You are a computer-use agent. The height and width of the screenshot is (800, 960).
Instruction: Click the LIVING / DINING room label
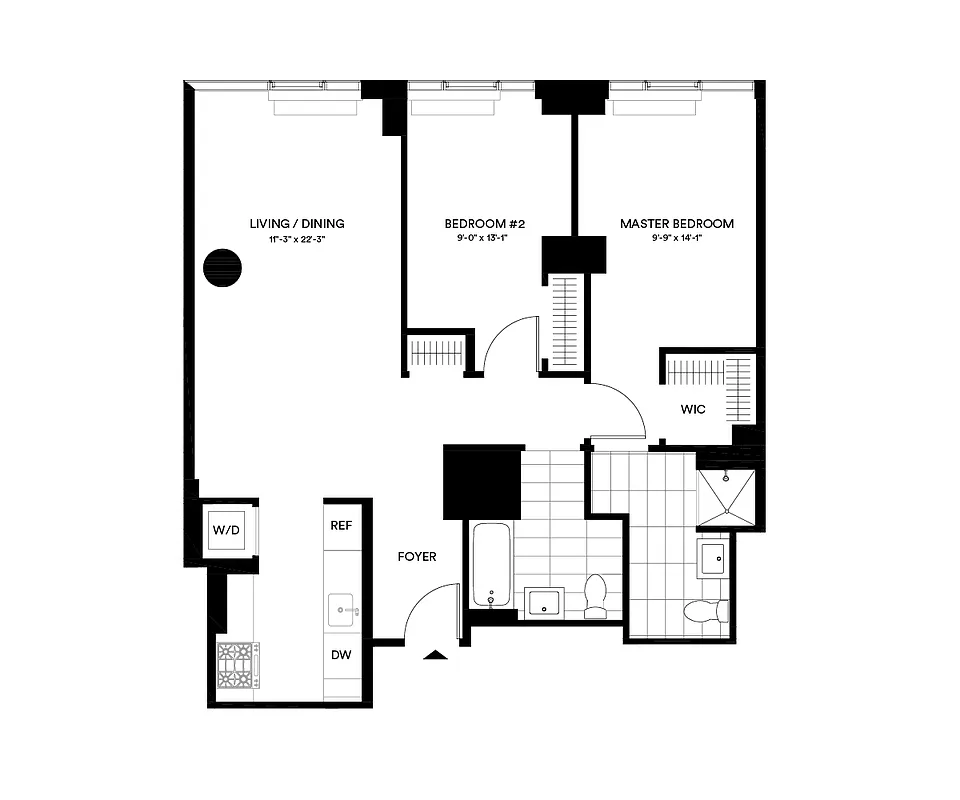click(x=297, y=224)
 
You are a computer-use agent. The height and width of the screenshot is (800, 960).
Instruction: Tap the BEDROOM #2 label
click(x=477, y=224)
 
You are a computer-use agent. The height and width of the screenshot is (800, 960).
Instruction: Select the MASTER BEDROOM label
click(x=677, y=224)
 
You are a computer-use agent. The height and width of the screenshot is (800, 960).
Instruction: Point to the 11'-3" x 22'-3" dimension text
click(x=297, y=240)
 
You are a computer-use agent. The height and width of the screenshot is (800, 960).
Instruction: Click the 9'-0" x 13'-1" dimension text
click(x=477, y=240)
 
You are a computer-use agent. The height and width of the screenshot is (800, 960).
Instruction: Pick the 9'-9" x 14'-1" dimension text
click(x=677, y=240)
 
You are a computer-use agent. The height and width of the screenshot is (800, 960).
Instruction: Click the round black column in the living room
click(x=222, y=268)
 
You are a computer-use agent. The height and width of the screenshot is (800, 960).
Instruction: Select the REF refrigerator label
click(x=341, y=525)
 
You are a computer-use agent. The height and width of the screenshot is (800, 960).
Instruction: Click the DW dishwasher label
click(x=341, y=655)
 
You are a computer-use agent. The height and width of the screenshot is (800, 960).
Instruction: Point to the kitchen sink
click(x=343, y=608)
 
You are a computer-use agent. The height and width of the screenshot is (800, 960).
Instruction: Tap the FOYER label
click(x=417, y=557)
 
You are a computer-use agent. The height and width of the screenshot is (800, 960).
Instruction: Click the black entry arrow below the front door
click(x=436, y=655)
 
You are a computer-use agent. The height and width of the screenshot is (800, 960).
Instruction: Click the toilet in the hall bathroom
click(x=596, y=595)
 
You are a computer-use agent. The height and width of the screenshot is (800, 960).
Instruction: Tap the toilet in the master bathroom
click(x=704, y=611)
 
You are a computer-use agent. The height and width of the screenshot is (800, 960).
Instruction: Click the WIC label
click(x=693, y=409)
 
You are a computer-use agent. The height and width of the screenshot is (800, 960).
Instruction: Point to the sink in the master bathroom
click(x=714, y=558)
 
